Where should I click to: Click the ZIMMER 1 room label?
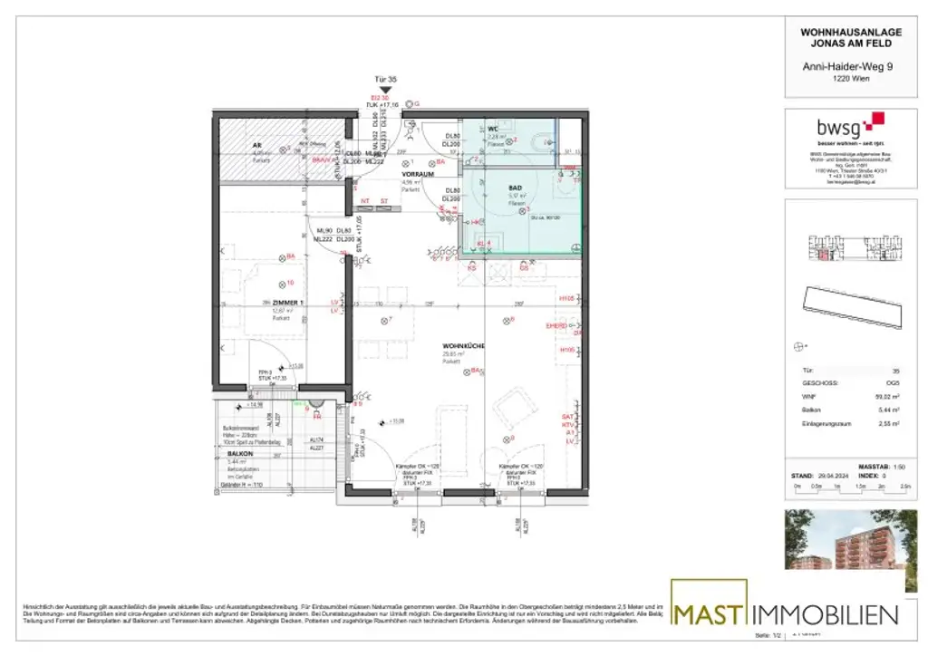click(x=287, y=303)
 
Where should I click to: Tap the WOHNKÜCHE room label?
click(x=464, y=346)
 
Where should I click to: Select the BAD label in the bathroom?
click(x=516, y=188)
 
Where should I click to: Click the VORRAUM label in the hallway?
click(x=420, y=172)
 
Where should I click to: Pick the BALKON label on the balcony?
click(x=239, y=452)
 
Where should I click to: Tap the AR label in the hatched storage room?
click(x=257, y=145)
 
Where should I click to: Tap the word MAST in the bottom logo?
click(x=709, y=613)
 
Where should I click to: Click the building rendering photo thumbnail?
click(x=851, y=540)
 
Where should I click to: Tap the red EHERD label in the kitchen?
click(x=556, y=324)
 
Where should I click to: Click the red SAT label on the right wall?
click(x=568, y=416)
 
